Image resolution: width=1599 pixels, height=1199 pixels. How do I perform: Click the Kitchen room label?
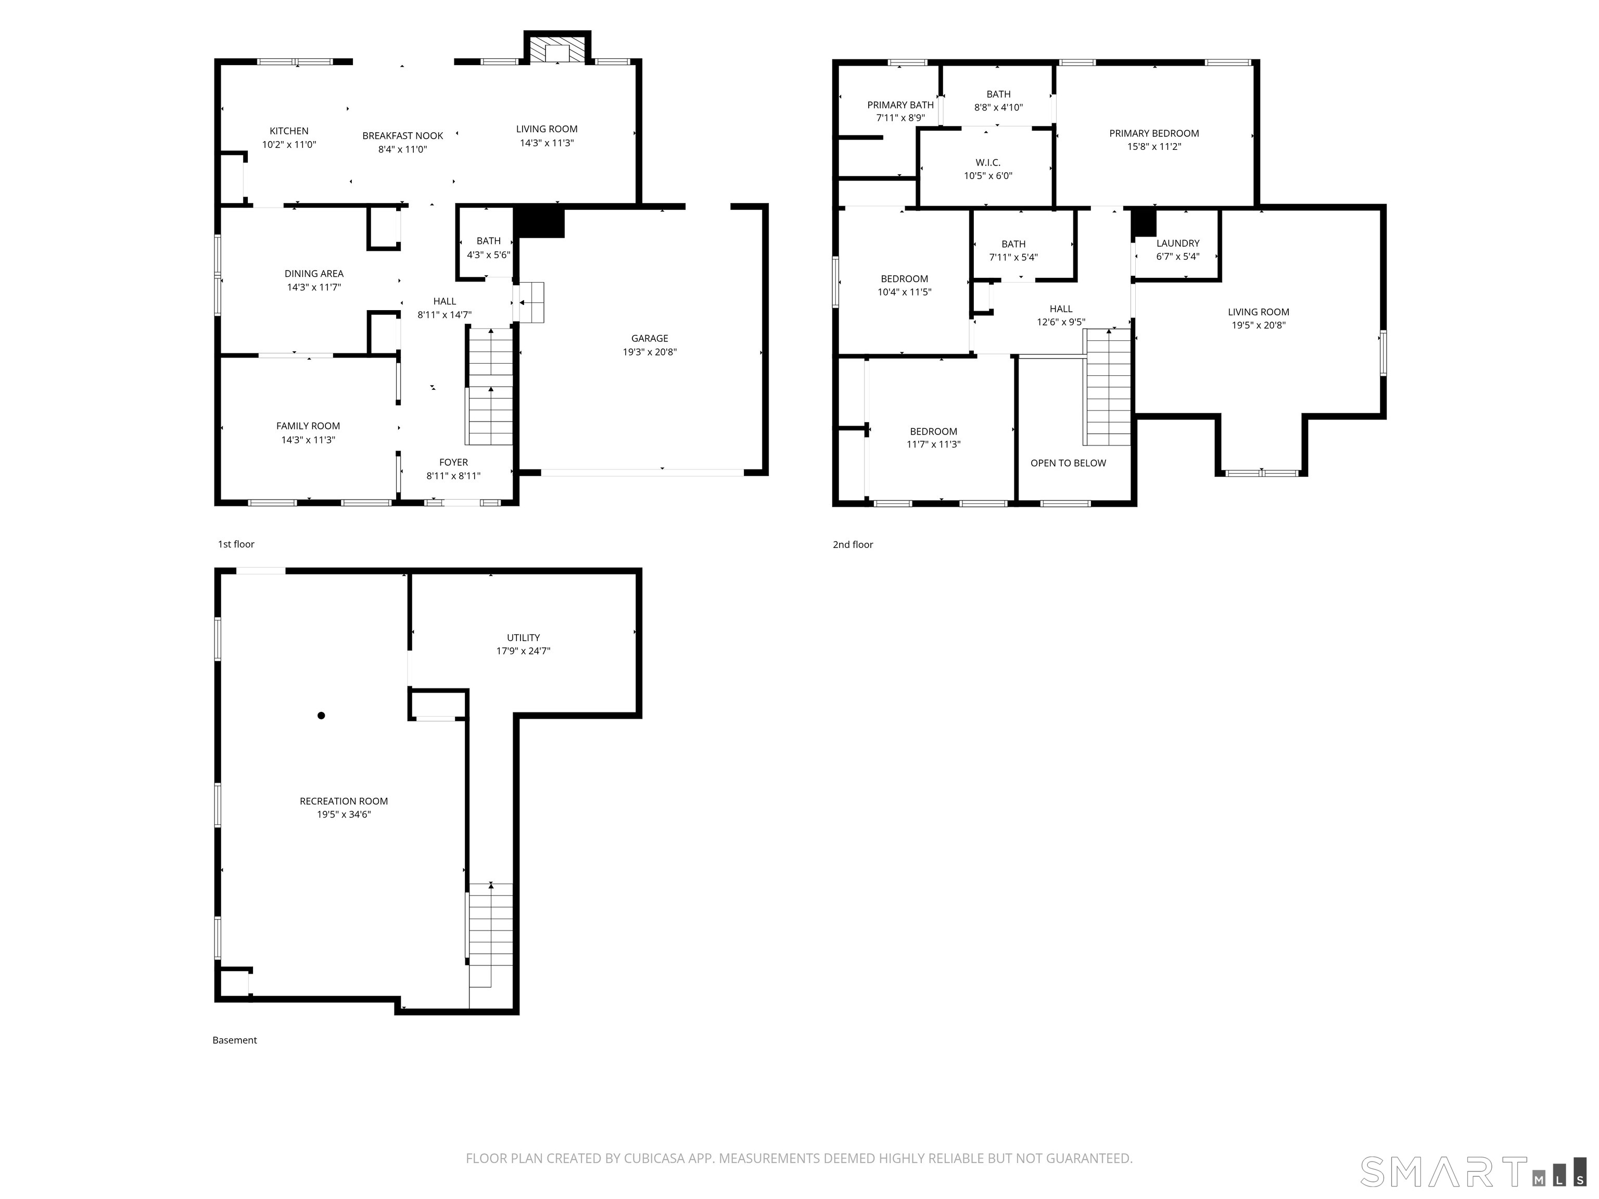(x=289, y=131)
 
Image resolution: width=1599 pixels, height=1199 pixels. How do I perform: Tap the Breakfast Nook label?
(x=403, y=136)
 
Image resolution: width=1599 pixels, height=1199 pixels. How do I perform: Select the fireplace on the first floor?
(x=557, y=48)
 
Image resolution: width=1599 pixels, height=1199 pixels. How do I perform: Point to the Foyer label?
(x=453, y=463)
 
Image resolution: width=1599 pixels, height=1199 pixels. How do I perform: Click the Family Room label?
(x=308, y=426)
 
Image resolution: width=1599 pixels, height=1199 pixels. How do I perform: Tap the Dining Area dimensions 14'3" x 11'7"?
(x=314, y=287)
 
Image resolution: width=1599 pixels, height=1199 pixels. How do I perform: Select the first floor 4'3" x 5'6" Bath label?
(x=489, y=240)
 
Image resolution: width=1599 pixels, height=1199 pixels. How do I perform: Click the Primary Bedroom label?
(x=1154, y=133)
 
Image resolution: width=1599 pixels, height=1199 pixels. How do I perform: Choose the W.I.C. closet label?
(x=987, y=162)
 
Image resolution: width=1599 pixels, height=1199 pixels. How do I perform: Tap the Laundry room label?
(x=1177, y=244)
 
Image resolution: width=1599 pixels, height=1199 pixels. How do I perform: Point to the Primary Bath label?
(x=900, y=105)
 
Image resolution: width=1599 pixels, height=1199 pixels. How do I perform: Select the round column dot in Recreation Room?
(x=321, y=716)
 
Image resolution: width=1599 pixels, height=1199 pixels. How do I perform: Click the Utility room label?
(x=523, y=637)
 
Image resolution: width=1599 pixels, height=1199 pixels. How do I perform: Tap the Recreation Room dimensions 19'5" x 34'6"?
(x=344, y=814)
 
